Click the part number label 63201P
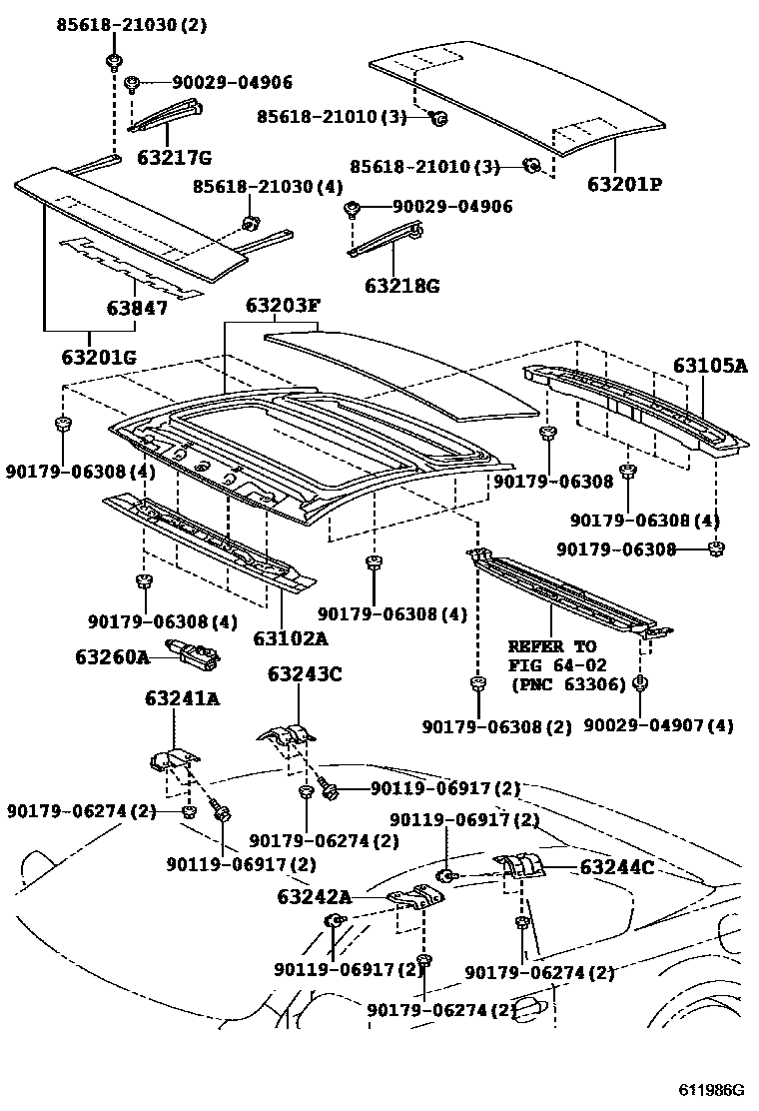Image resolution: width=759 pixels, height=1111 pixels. coord(625,185)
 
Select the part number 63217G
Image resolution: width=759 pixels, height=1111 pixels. coord(175,157)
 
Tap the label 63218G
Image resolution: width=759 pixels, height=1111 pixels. coord(401,286)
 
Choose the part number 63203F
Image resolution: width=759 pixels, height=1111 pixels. coord(280,306)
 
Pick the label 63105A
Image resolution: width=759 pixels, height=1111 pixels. coord(709,366)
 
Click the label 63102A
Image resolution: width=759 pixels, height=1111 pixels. coord(291,637)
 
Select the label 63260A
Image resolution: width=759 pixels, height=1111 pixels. coord(112,656)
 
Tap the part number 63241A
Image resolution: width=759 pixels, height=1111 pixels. coord(180,699)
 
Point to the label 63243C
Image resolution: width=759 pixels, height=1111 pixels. coord(305,674)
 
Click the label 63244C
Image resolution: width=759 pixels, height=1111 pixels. coord(617,867)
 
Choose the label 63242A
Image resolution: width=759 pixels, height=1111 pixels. coord(315,897)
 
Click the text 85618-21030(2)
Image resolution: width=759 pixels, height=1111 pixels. coord(131,26)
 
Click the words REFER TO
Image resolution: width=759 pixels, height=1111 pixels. coord(552,646)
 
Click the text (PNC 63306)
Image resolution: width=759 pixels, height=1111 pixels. coord(569,684)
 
